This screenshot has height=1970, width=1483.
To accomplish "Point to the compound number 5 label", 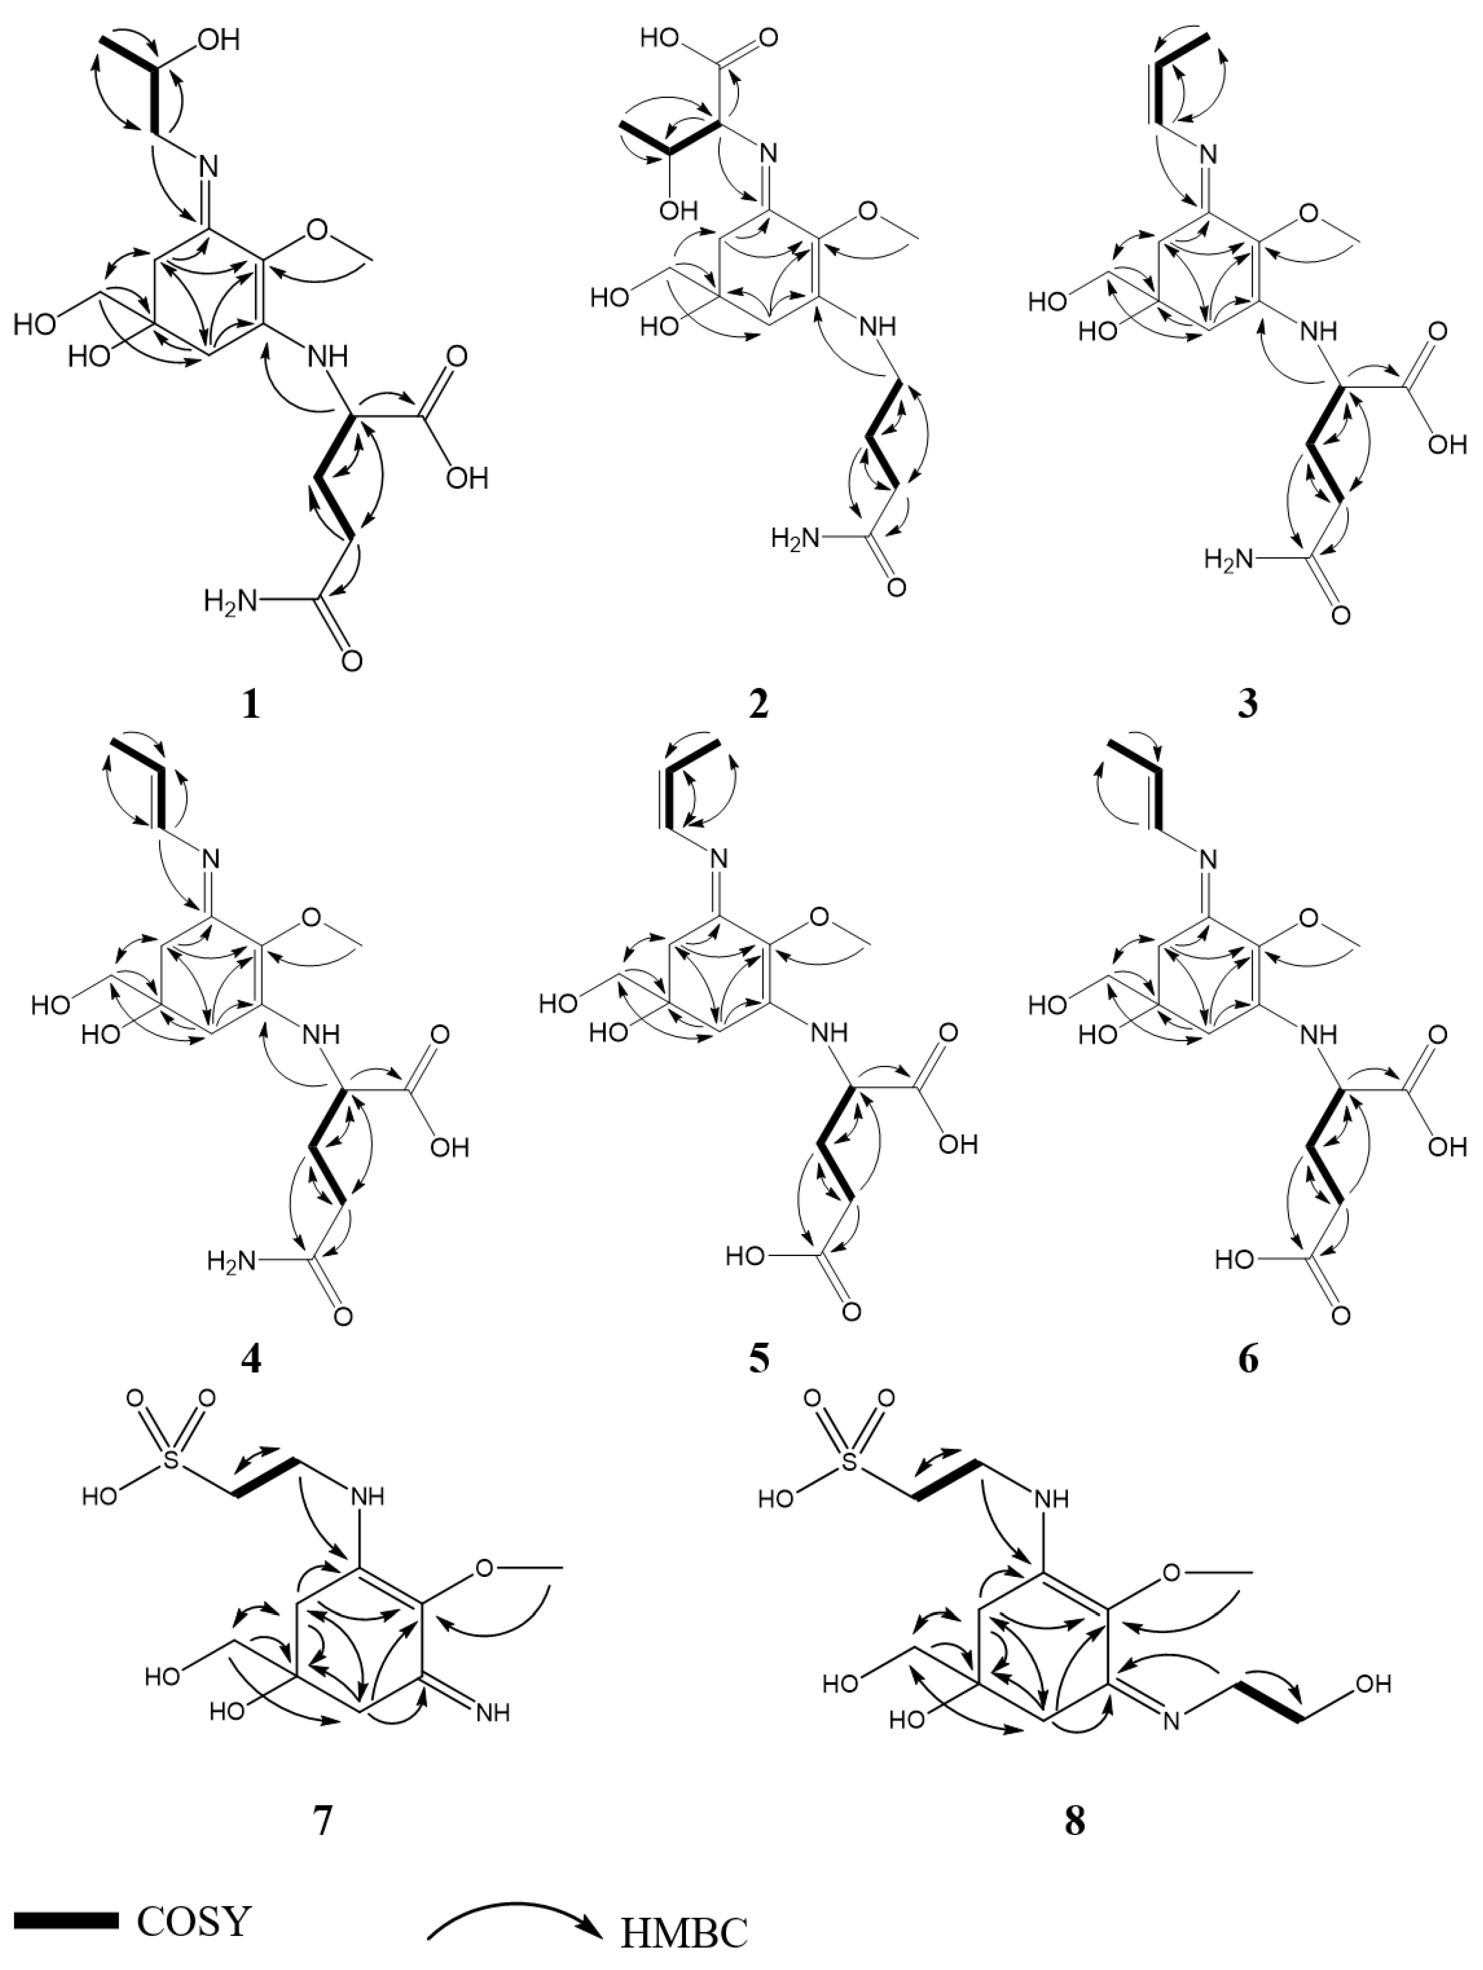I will [759, 1360].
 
